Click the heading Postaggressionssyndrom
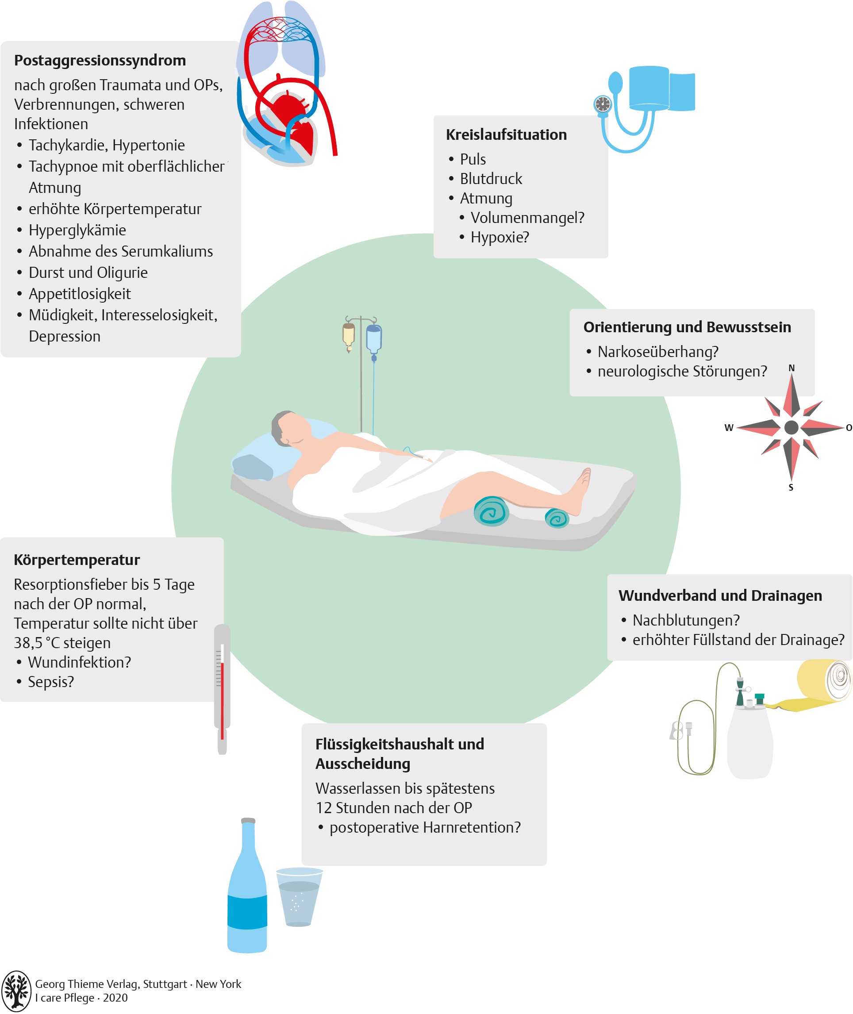coord(100,61)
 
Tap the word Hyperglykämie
coord(77,230)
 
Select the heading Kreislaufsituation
coord(506,135)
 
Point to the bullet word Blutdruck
coord(491,179)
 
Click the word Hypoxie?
coord(500,238)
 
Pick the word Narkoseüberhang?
coord(657,352)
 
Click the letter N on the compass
coord(792,368)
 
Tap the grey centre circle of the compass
coord(791,427)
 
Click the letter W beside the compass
coord(729,427)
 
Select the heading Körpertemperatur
coord(77,560)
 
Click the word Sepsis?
coord(51,682)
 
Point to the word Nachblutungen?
coord(686,620)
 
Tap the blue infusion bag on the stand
coord(374,339)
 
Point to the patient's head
coord(290,428)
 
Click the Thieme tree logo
coord(16,991)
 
